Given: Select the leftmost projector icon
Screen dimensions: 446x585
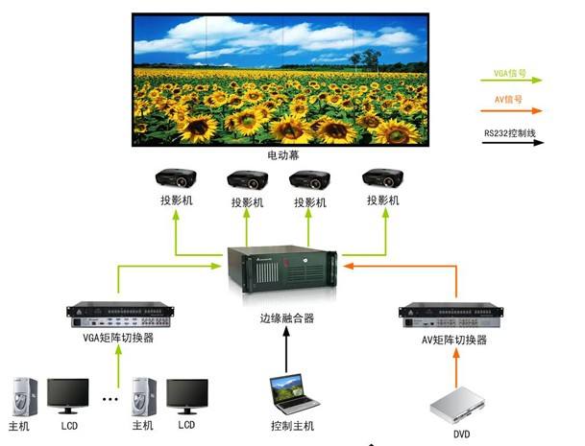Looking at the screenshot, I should [x=178, y=179].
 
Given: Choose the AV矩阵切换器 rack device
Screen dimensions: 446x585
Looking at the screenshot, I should [x=452, y=314].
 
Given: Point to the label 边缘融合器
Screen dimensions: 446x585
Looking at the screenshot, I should [x=286, y=317].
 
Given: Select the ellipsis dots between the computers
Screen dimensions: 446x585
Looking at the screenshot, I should [x=110, y=398].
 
